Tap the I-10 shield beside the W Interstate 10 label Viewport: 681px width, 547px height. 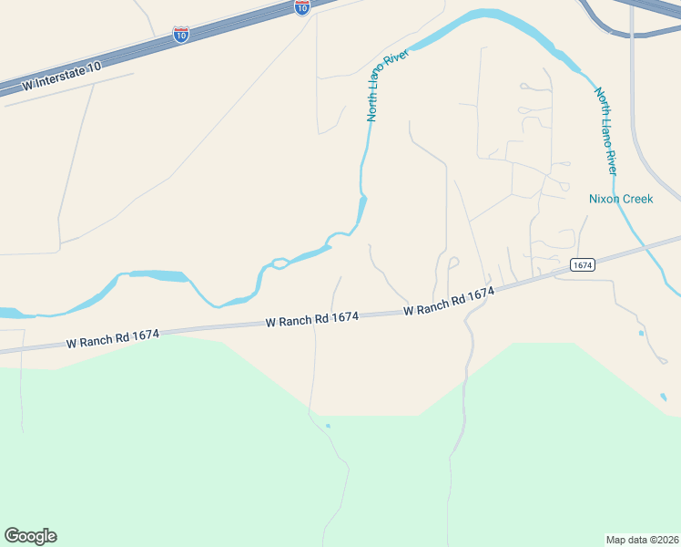pyautogui.click(x=181, y=35)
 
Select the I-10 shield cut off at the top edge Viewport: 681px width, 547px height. pyautogui.click(x=302, y=6)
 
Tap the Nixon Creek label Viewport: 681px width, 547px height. pyautogui.click(x=621, y=199)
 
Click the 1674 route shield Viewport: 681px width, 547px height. pyautogui.click(x=583, y=264)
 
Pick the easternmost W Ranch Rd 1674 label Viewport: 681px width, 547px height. pyautogui.click(x=449, y=302)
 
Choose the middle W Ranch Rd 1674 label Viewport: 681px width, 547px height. pyautogui.click(x=312, y=319)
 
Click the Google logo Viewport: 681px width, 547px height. pyautogui.click(x=30, y=536)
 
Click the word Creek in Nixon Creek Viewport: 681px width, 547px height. pyautogui.click(x=637, y=199)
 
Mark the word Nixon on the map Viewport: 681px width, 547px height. pyautogui.click(x=605, y=199)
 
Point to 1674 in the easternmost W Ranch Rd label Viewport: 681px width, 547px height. pyautogui.click(x=480, y=294)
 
